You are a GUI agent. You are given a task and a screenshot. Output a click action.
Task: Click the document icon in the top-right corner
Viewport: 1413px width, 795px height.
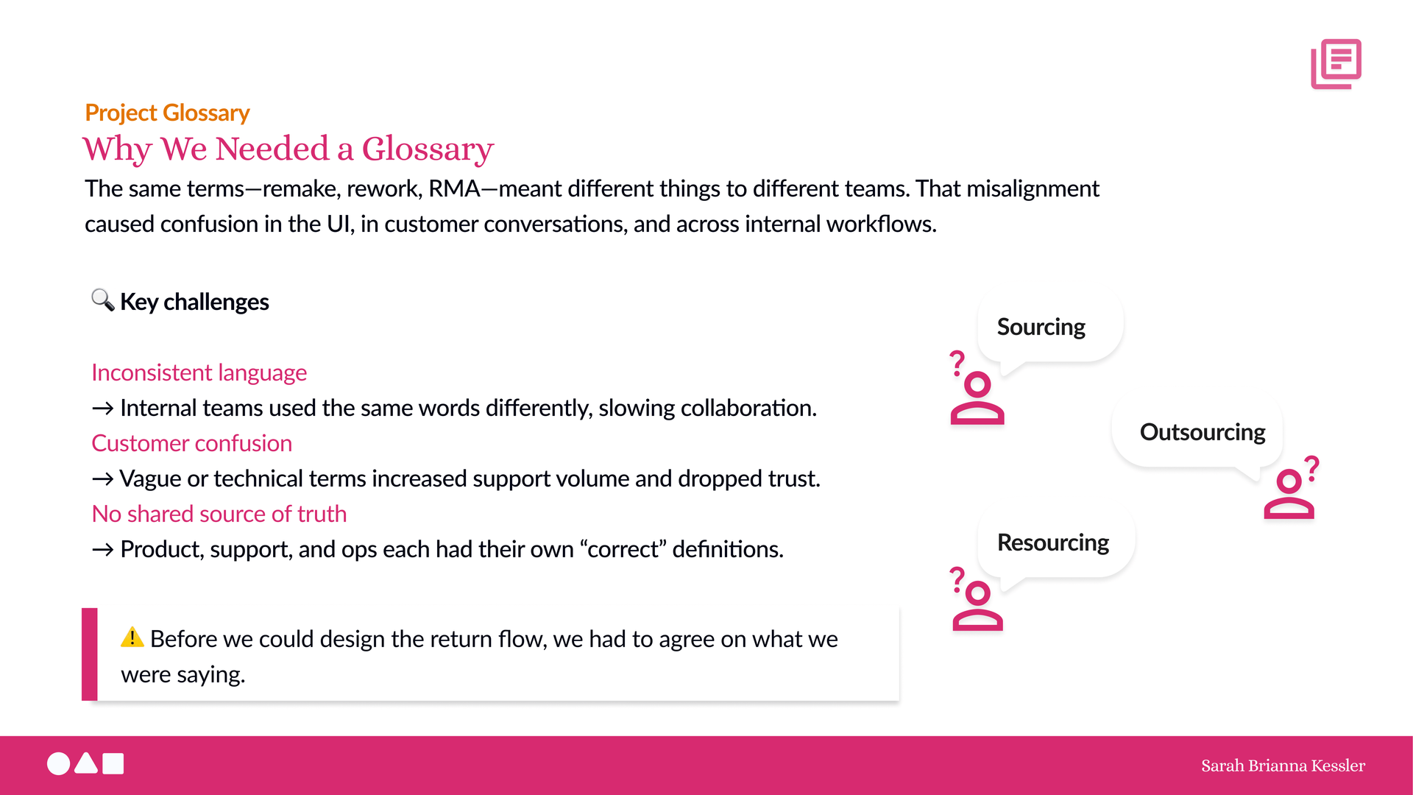coord(1336,64)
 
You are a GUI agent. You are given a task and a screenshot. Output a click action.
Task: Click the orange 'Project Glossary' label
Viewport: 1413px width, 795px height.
coord(167,113)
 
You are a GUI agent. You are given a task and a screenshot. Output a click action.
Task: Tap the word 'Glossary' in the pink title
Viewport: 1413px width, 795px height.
coord(428,149)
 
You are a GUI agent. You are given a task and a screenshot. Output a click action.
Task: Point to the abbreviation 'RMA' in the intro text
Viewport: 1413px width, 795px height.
coord(454,188)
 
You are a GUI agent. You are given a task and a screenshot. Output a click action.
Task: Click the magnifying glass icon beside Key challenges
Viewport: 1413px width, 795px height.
coord(102,300)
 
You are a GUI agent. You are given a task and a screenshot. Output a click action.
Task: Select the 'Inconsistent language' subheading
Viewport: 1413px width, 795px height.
coord(199,372)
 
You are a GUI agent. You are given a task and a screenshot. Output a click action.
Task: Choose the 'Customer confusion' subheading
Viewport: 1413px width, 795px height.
coord(191,443)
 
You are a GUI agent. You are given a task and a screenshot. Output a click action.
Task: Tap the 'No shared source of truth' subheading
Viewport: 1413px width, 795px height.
coord(219,514)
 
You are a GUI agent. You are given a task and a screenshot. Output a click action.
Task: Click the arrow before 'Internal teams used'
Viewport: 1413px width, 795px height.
coord(102,409)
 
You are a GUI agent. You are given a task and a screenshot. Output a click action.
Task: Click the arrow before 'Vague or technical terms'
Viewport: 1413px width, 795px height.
coord(102,479)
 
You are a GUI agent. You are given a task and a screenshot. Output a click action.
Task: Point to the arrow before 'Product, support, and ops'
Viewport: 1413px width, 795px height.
coord(102,550)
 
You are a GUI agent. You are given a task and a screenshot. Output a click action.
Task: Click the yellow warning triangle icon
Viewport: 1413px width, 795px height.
coord(132,637)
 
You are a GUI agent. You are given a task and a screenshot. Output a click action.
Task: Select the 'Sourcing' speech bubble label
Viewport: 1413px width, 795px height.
coord(1041,327)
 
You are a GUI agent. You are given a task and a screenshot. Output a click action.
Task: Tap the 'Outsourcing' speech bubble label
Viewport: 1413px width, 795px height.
coord(1203,432)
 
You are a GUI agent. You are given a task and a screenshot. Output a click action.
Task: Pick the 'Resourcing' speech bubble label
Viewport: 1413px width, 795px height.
coord(1052,543)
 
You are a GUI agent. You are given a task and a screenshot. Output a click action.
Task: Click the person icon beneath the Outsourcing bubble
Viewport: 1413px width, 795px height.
coord(1289,494)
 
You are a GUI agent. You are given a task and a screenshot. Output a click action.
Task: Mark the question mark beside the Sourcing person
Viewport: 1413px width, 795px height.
coord(957,364)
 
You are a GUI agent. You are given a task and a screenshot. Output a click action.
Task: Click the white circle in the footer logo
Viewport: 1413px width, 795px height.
coord(59,764)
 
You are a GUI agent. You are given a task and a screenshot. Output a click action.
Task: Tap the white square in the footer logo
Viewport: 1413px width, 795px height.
coord(113,764)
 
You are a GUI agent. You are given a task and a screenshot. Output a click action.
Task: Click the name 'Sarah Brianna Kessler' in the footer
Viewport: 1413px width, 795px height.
coord(1283,766)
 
